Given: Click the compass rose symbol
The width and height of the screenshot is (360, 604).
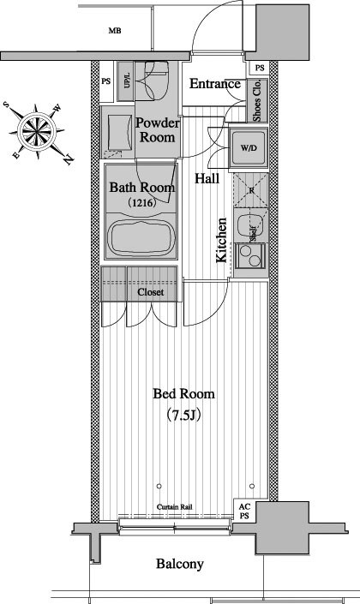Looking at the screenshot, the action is (x=38, y=132).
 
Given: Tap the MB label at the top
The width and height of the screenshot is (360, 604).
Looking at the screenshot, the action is (x=115, y=31).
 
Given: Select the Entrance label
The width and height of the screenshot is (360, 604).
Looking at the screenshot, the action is (x=214, y=84).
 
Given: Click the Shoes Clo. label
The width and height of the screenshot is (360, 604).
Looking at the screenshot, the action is (x=257, y=100).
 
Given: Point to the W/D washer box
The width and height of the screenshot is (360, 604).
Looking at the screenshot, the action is (x=249, y=148).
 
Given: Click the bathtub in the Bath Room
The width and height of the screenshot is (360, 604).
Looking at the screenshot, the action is (x=141, y=236).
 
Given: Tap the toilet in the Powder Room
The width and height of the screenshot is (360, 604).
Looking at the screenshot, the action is (x=156, y=80).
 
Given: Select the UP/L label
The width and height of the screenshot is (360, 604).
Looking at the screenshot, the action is (x=127, y=81).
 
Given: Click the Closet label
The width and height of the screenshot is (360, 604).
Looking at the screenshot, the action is (x=150, y=292).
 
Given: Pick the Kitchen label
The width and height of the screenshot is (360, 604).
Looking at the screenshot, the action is (x=221, y=241).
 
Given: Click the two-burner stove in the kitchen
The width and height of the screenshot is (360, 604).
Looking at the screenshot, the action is (x=249, y=256).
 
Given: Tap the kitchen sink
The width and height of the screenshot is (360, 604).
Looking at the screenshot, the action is (x=249, y=227).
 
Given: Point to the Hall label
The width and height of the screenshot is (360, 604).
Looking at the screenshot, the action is (x=207, y=178).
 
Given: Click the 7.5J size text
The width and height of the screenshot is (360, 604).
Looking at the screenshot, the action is (x=183, y=416).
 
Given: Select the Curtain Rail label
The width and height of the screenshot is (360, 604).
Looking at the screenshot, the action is (x=174, y=507).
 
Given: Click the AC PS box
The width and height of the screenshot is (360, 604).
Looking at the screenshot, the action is (x=244, y=511).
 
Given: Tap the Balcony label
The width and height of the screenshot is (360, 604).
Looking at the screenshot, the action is (x=180, y=565).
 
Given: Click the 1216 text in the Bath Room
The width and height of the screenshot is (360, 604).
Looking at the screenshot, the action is (x=142, y=202).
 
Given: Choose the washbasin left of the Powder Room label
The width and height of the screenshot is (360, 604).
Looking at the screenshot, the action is (x=117, y=133).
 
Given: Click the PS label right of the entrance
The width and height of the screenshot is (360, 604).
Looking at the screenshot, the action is (x=260, y=69).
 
